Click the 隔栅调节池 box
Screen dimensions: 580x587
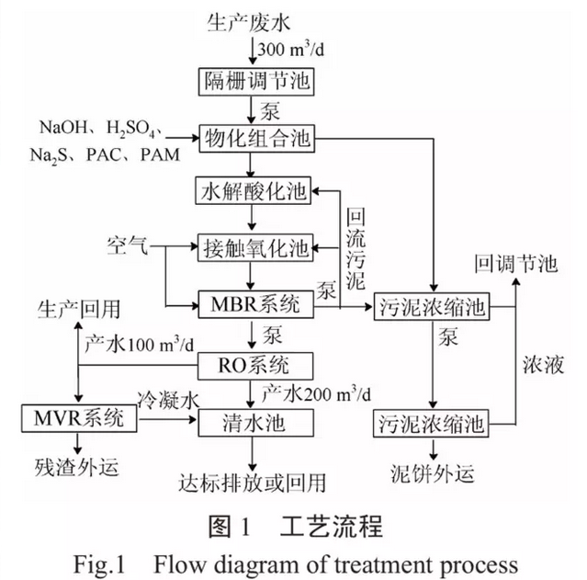(x=257, y=83)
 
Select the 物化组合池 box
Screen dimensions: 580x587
(x=257, y=139)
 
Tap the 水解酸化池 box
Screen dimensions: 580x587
(x=257, y=192)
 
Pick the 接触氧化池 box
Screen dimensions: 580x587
(x=257, y=245)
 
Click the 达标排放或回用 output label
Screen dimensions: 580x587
(x=254, y=482)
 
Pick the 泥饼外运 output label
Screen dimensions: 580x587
(x=430, y=475)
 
